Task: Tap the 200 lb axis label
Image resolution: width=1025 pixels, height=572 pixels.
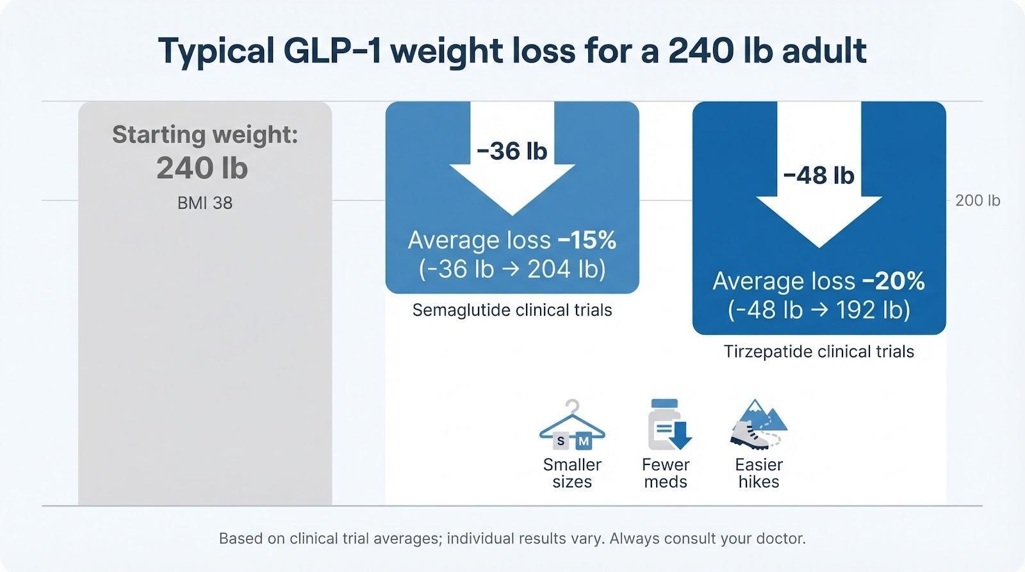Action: pos(977,200)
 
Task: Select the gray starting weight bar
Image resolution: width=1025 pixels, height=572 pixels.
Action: pos(205,352)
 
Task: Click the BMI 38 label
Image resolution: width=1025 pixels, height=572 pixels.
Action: pos(205,203)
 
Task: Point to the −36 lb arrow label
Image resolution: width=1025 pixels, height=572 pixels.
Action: pos(512,151)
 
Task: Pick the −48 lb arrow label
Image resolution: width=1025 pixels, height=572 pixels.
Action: pos(819,175)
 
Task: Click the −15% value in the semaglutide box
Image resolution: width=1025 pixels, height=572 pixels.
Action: pos(587,240)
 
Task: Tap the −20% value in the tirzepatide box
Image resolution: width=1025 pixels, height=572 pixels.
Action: pos(894,281)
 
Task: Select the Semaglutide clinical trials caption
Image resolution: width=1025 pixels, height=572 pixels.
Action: pos(512,310)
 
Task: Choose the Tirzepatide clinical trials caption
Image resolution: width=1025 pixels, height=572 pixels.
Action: pos(819,352)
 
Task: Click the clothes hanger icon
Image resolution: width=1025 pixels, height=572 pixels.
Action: pos(571,426)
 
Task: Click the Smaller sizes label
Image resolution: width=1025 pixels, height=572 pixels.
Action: pos(572,473)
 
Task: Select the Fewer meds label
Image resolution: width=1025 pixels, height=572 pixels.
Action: pos(666,473)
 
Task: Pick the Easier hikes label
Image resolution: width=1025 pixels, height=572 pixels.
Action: pos(758,473)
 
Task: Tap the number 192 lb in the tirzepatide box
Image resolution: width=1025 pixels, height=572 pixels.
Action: pos(869,310)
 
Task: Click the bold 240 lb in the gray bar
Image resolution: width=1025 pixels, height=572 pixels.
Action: pos(202,168)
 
